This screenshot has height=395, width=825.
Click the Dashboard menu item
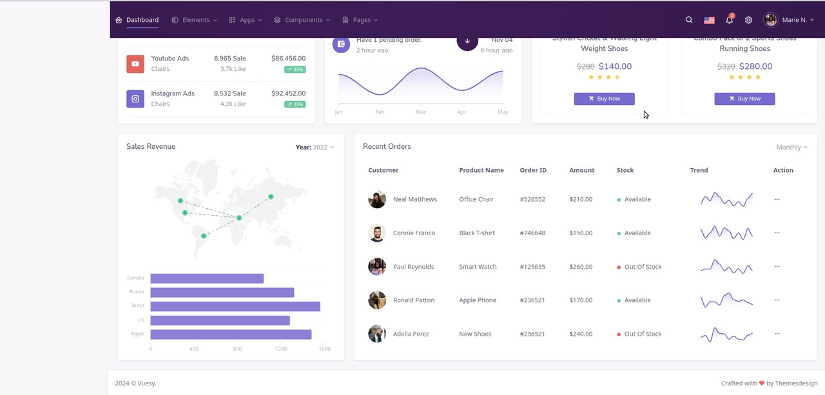(137, 20)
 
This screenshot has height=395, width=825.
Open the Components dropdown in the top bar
(302, 20)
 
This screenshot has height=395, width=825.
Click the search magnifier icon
(689, 20)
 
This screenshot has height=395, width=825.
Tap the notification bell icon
(729, 20)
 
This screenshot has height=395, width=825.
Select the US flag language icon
(709, 20)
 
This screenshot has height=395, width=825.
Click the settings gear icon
(748, 20)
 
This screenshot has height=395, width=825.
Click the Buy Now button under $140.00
(604, 99)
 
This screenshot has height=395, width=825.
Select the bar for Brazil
(235, 306)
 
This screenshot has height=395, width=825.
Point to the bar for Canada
(207, 278)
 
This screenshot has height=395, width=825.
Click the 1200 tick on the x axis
(281, 349)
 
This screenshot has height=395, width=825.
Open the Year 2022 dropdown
(315, 147)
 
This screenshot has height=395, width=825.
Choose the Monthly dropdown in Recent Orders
(791, 148)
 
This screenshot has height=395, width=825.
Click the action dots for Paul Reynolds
(777, 267)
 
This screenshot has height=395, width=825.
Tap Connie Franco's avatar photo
(377, 233)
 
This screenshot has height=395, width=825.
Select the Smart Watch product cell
(478, 267)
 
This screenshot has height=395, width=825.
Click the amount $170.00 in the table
(581, 300)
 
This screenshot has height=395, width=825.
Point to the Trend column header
(699, 170)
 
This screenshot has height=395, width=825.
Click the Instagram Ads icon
(135, 99)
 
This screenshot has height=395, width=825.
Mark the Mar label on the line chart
(421, 112)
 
